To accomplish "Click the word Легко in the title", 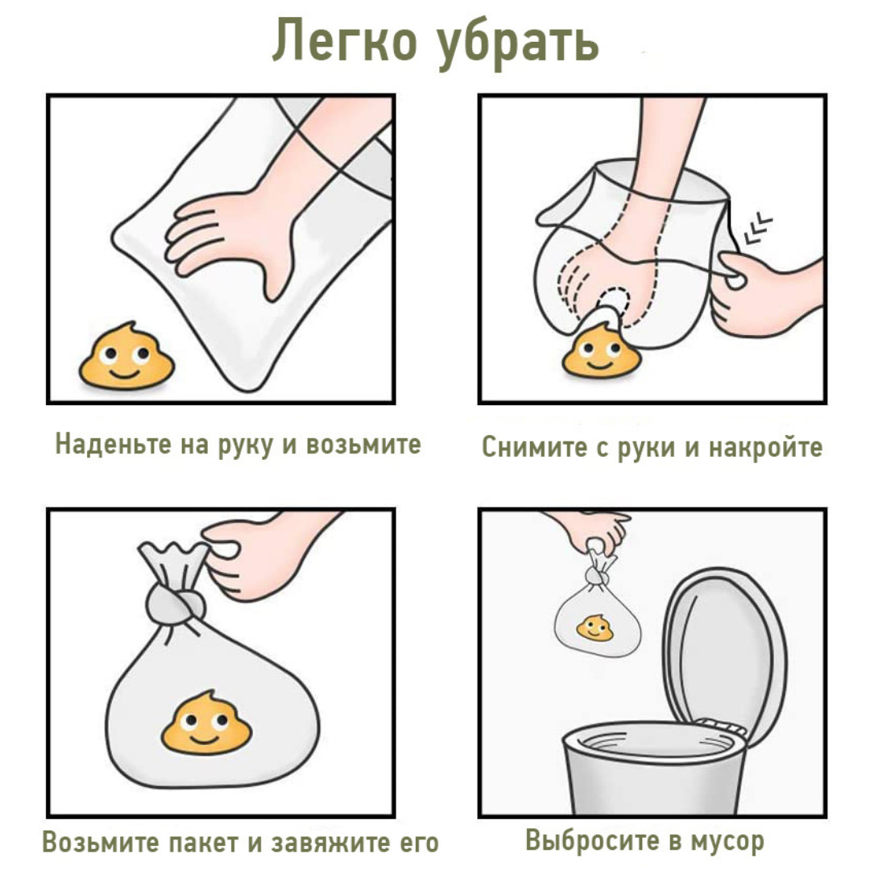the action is pyautogui.click(x=345, y=40).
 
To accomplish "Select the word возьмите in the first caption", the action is pyautogui.click(x=364, y=444).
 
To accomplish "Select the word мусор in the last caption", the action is pyautogui.click(x=727, y=841).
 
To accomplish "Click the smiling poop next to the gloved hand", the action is pyautogui.click(x=127, y=356).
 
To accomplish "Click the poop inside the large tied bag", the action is pyautogui.click(x=206, y=723).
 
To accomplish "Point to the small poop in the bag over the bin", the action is pyautogui.click(x=594, y=628).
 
